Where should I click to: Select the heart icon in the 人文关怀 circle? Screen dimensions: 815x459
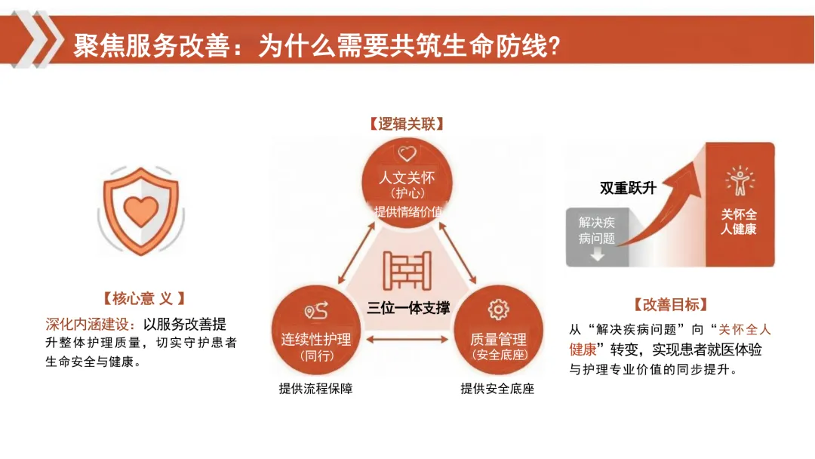(x=407, y=155)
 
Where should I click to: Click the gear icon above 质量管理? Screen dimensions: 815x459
(x=498, y=310)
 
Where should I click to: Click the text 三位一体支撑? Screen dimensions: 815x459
(x=408, y=307)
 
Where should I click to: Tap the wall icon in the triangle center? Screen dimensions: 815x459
(x=407, y=271)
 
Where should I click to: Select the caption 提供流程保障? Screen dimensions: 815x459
(x=315, y=389)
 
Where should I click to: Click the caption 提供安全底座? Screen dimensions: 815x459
(x=497, y=389)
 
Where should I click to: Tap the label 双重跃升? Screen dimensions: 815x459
(x=628, y=188)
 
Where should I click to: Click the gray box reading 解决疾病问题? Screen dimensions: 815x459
(x=598, y=230)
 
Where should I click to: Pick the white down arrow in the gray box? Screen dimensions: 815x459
(x=598, y=255)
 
